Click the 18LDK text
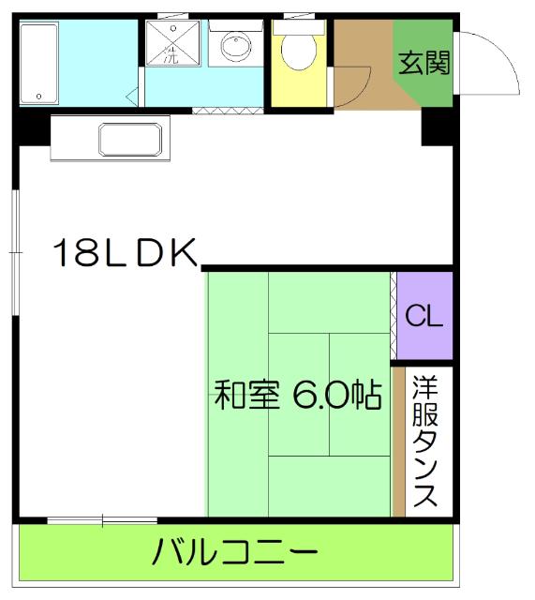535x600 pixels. pos(124,254)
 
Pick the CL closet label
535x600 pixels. pos(424,315)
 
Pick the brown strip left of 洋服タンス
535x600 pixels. pos(399,443)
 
